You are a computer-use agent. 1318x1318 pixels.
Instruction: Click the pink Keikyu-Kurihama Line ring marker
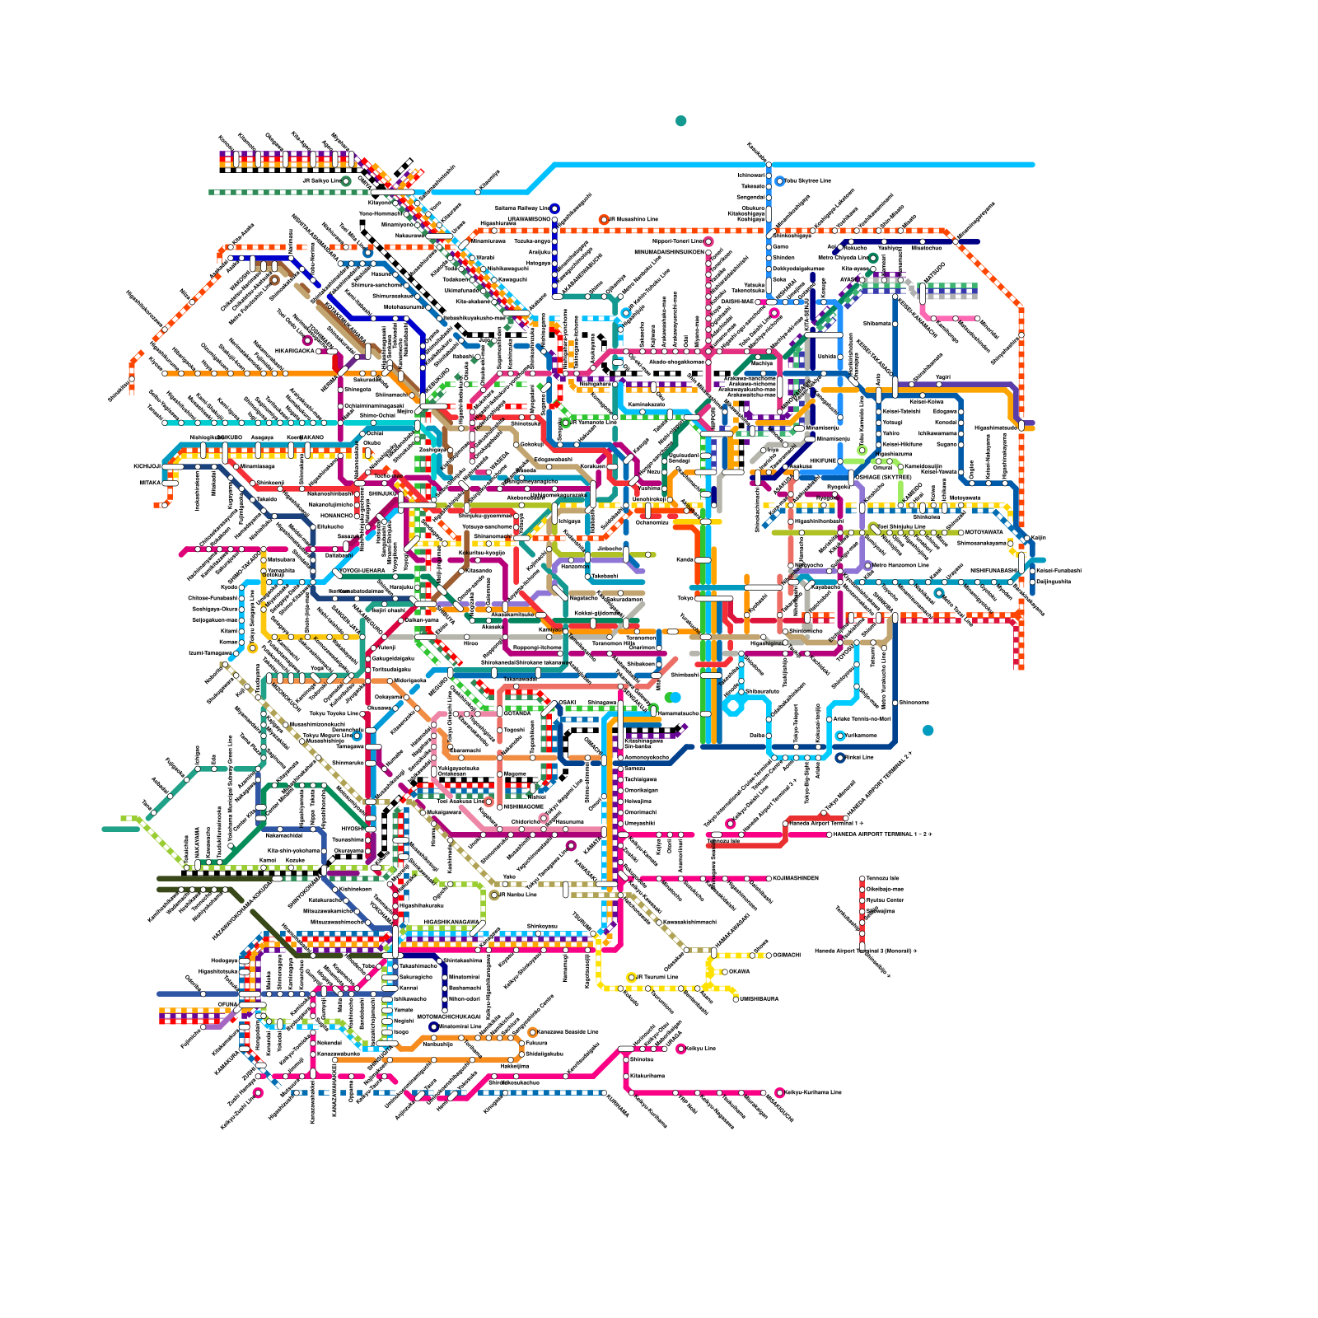[x=779, y=1092]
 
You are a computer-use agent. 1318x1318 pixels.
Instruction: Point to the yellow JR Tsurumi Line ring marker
[x=631, y=977]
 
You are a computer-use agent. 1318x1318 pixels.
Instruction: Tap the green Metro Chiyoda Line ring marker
[x=873, y=258]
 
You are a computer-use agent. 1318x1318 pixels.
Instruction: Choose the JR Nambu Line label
[x=518, y=894]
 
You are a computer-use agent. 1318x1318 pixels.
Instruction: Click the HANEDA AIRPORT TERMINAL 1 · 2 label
[x=881, y=834]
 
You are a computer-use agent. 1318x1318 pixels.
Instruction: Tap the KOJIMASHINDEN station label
[x=796, y=878]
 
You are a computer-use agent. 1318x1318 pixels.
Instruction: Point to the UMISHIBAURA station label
[x=759, y=998]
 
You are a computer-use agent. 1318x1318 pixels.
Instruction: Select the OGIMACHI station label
[x=787, y=955]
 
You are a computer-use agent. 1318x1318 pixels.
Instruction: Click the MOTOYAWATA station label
[x=984, y=532]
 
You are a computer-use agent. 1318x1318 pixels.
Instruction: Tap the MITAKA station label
[x=149, y=483]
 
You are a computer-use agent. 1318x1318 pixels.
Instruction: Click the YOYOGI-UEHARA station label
[x=362, y=570]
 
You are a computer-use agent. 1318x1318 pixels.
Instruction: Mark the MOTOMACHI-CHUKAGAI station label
[x=449, y=1017]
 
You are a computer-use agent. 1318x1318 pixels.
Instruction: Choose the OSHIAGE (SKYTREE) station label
[x=884, y=477]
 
